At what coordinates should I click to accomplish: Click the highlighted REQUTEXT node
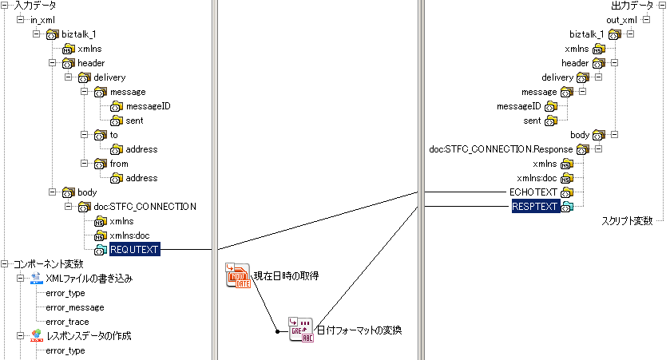point(134,250)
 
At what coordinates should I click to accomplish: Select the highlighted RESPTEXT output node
point(535,207)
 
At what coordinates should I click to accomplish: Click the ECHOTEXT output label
point(534,192)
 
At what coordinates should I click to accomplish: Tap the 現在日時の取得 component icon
point(238,276)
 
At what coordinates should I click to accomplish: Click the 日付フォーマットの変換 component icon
point(301,329)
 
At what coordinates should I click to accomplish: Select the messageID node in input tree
point(149,106)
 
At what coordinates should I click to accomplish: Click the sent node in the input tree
point(134,121)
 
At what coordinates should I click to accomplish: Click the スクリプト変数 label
point(627,220)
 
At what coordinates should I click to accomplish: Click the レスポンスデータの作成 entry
point(89,336)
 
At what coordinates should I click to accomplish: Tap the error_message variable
point(75,307)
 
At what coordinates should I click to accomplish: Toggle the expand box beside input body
point(52,192)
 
